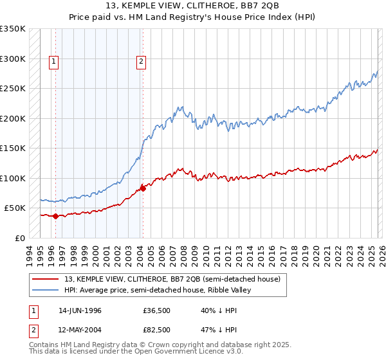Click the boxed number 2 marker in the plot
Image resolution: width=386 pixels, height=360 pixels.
tap(141, 62)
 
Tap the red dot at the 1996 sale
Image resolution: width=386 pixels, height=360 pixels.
tap(55, 216)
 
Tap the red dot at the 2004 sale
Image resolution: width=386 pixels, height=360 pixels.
tap(143, 188)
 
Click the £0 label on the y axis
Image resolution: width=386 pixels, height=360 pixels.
tap(19, 238)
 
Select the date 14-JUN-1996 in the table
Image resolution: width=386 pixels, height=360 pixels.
tap(80, 310)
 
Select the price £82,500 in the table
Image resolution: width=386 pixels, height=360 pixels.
tap(157, 328)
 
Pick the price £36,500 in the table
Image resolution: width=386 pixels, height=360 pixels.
tap(157, 310)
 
